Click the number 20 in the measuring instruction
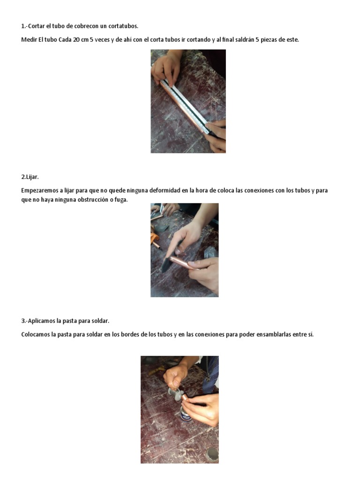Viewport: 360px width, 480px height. pos(76,40)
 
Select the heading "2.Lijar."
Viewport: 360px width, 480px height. pos(30,177)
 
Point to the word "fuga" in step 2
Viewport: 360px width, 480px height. pos(120,200)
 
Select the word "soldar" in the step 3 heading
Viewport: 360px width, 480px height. pos(100,321)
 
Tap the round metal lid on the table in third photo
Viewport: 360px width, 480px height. pos(212,453)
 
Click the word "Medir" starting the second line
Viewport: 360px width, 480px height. pos(28,40)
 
